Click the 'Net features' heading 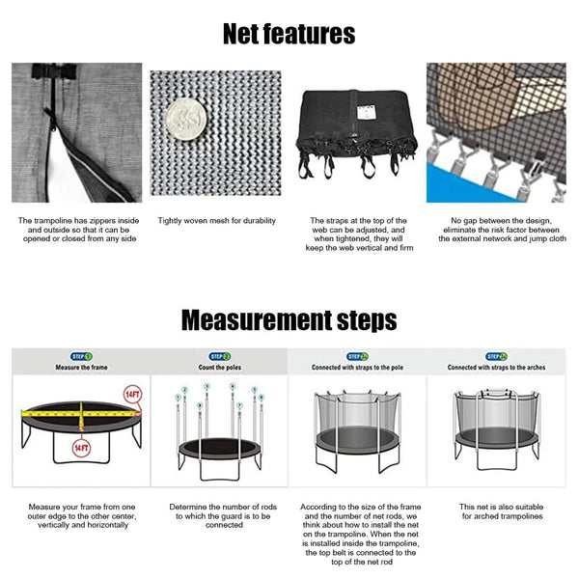pos(289,35)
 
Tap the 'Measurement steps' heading pos(289,319)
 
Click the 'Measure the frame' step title pos(80,368)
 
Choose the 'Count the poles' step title pos(219,368)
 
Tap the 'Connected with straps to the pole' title pos(358,368)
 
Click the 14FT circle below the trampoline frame pos(83,449)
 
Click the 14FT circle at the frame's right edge pos(132,395)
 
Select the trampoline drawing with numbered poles pos(219,434)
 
